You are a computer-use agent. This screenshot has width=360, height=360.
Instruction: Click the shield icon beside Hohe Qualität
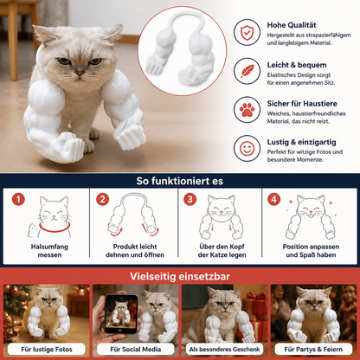(247, 33)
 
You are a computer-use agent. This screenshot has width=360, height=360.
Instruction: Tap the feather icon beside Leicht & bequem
(247, 71)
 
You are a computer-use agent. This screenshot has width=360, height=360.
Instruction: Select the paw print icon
(247, 110)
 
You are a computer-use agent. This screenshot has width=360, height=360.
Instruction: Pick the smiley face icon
(247, 148)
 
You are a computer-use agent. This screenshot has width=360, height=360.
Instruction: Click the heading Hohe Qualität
(292, 25)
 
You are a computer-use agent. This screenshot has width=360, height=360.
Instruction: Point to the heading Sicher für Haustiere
(302, 104)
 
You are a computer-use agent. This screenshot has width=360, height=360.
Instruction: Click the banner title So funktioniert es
(180, 181)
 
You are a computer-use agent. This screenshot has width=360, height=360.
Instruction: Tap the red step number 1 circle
(18, 199)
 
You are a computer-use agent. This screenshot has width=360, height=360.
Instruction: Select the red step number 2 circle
(102, 199)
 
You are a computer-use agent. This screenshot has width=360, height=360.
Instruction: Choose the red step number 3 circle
(190, 199)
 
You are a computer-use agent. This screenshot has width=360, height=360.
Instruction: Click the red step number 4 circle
(273, 199)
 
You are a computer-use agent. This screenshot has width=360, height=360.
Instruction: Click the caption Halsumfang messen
(49, 251)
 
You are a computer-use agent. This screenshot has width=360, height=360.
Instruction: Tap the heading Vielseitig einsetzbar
(180, 276)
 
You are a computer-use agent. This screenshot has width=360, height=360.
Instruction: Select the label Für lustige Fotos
(47, 350)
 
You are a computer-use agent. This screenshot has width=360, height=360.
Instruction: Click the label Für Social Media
(136, 350)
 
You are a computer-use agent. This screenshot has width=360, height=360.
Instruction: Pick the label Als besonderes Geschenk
(224, 350)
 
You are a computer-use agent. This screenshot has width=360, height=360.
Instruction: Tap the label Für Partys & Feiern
(313, 350)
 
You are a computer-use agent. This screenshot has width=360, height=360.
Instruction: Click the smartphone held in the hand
(121, 313)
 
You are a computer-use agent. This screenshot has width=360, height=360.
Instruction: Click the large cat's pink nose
(80, 73)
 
